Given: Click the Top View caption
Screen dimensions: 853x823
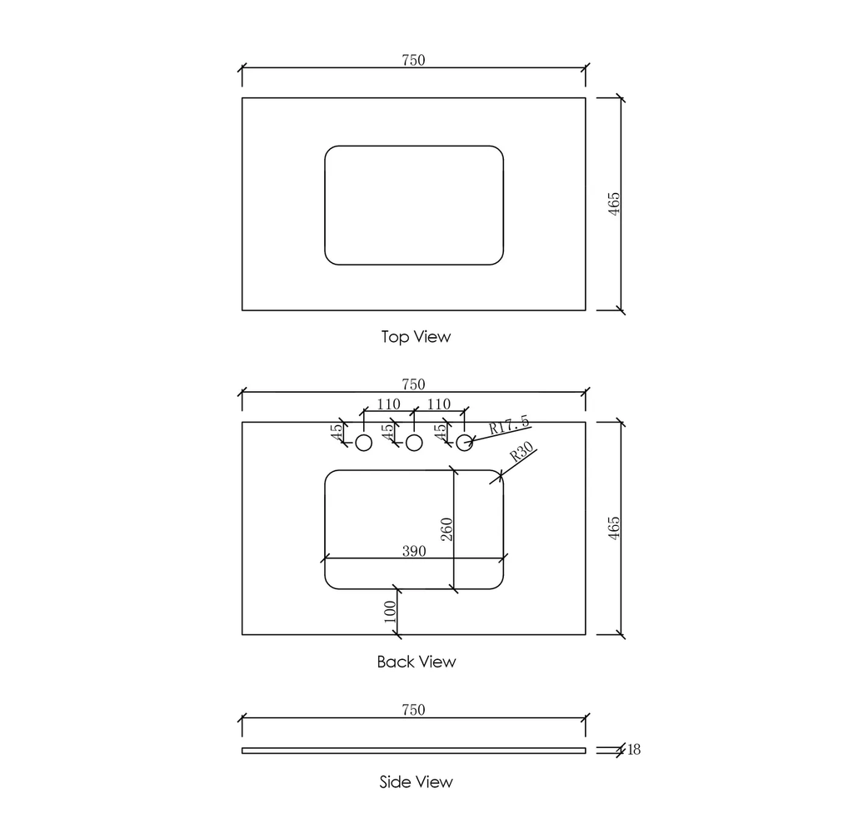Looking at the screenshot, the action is tap(416, 336).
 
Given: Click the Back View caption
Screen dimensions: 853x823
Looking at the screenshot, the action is tap(417, 662).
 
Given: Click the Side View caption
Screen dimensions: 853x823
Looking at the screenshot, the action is tap(417, 781).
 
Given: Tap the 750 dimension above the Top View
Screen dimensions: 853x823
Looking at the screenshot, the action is tap(413, 60).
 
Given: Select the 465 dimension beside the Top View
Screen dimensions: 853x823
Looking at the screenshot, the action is tap(613, 204).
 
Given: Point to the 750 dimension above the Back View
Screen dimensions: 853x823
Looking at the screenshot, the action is tap(413, 384).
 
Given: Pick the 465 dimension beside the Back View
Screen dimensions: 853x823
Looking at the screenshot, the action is tap(613, 528).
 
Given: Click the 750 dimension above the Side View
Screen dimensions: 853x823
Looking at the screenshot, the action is tap(413, 709).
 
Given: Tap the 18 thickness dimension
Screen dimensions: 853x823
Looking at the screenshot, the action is tap(634, 750).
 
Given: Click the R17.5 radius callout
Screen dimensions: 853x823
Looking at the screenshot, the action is tap(509, 424).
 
